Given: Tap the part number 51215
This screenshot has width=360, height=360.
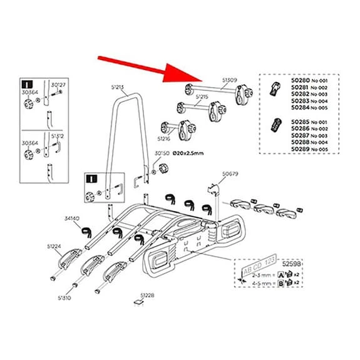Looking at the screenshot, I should coord(202,97).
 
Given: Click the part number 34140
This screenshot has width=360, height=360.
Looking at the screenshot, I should coord(72,219).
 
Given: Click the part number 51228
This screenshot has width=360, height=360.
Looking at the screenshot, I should coord(147,294).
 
